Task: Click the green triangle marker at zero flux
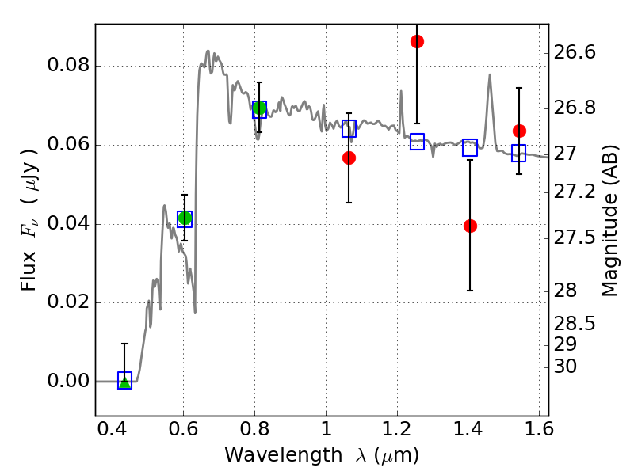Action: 125,382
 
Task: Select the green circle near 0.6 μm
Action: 185,218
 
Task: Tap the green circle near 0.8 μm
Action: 259,108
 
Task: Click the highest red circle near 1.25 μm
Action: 418,41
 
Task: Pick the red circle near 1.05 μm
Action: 349,158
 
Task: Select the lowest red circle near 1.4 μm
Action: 470,226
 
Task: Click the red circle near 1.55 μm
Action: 519,131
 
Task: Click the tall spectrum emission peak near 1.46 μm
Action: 490,74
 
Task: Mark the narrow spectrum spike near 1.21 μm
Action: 401,91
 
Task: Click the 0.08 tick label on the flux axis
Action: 68,65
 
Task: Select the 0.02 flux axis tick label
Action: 68,302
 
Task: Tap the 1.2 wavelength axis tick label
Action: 397,429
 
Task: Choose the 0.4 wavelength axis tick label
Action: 113,429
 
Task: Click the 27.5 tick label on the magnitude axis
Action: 574,237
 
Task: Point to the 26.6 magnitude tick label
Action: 574,52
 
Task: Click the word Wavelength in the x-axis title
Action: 284,455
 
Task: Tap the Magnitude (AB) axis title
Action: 609,221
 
